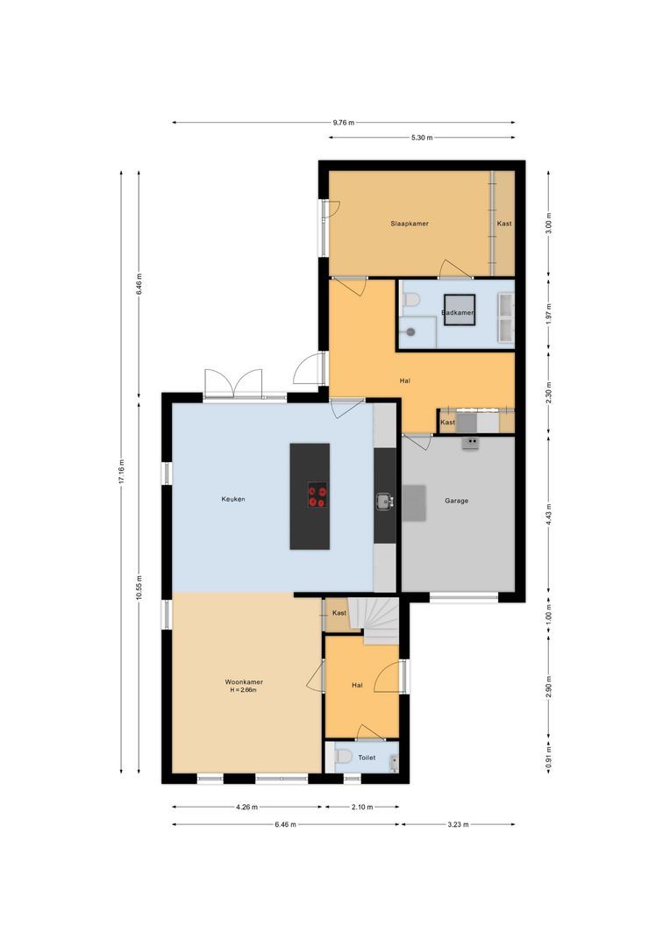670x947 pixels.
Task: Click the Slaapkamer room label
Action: [410, 224]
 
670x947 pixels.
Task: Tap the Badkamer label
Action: [458, 312]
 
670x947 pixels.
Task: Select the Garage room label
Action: [456, 501]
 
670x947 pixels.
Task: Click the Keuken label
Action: [232, 499]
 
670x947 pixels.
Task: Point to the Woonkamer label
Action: [244, 681]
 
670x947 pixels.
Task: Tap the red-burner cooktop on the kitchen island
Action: [317, 496]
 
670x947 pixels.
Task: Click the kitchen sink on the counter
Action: [384, 501]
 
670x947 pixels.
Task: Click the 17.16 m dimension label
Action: [123, 473]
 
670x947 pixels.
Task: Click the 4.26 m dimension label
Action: [247, 807]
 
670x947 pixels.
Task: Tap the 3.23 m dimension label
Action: [457, 824]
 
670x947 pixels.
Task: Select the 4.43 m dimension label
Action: [549, 517]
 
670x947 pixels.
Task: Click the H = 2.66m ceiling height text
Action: [244, 690]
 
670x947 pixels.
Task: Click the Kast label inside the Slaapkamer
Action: [504, 224]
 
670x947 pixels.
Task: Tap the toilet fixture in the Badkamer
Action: [410, 301]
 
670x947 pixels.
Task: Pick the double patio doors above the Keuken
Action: [233, 384]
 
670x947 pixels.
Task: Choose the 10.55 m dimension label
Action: [139, 588]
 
